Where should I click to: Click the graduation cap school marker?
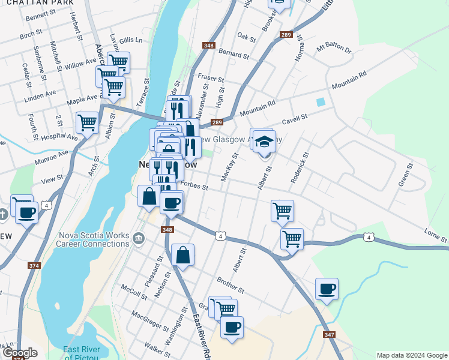click(264, 142)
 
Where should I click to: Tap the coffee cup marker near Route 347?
click(327, 289)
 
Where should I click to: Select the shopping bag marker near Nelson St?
click(183, 255)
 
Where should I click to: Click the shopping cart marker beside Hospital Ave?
click(87, 123)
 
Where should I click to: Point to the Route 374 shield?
click(34, 265)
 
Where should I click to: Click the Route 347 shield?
click(328, 334)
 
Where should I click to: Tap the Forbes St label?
click(194, 187)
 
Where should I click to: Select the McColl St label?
click(134, 292)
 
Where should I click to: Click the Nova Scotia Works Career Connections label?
click(93, 239)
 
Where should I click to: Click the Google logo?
click(19, 353)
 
